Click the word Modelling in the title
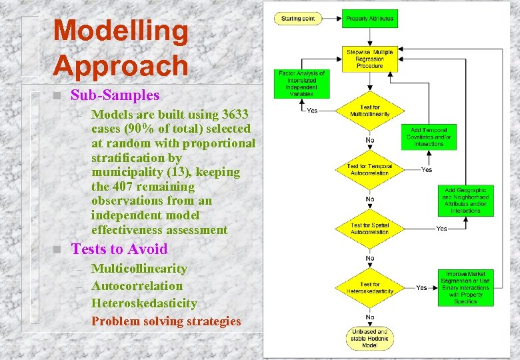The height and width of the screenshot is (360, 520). (121, 31)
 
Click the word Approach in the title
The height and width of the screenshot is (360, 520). (121, 65)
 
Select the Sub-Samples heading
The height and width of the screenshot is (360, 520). (115, 95)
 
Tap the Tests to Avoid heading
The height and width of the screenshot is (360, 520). (119, 249)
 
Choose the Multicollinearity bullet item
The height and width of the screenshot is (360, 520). (139, 269)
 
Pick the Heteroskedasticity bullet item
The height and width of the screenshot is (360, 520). (144, 303)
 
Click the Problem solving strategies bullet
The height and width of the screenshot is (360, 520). (166, 321)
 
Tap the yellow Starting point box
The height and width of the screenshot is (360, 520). (299, 19)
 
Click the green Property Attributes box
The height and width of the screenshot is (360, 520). (370, 19)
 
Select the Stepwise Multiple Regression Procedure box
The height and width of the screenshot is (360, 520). (370, 59)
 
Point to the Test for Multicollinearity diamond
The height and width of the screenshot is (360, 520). (370, 111)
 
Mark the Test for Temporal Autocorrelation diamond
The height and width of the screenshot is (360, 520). (370, 169)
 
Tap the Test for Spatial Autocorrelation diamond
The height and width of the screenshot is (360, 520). (370, 229)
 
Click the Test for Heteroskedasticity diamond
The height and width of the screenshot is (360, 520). (370, 288)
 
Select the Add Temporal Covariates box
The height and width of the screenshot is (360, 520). (429, 137)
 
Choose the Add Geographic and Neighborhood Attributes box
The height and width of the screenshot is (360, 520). (465, 201)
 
